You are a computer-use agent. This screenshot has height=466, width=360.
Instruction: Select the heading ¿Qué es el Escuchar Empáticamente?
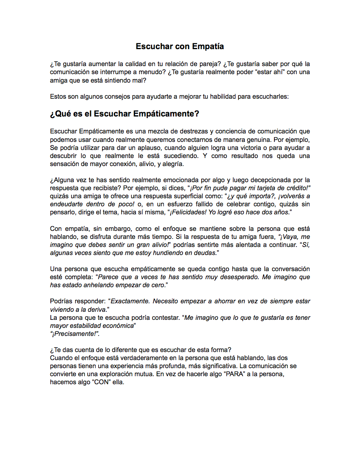(x=125, y=114)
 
